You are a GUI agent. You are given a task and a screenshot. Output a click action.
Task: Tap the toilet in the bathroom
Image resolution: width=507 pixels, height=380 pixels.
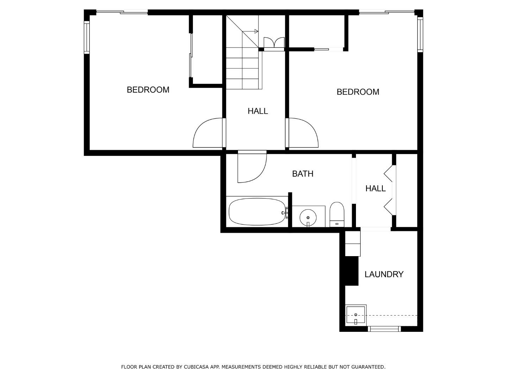[337, 214]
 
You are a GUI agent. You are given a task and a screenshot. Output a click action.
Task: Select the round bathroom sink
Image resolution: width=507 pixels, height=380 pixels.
[308, 217]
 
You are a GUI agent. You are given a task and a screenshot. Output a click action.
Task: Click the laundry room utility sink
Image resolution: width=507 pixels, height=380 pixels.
[356, 315]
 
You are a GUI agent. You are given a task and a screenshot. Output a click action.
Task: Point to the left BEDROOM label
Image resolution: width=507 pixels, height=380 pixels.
[148, 90]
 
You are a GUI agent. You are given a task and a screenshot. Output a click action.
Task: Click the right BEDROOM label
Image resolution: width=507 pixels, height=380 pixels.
[358, 92]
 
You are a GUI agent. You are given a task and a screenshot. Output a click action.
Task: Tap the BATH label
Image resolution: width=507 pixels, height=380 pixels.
[302, 173]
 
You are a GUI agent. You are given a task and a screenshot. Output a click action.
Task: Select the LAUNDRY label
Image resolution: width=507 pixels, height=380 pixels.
[384, 274]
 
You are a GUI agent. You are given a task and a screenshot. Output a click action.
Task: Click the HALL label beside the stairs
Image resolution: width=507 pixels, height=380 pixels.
[258, 111]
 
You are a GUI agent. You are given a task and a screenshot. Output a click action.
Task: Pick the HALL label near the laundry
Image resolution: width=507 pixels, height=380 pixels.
[375, 189]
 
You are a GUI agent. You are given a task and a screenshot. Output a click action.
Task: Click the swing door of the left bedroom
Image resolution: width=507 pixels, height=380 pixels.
[208, 134]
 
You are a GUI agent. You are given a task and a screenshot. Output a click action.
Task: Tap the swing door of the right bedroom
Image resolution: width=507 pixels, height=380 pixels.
[303, 134]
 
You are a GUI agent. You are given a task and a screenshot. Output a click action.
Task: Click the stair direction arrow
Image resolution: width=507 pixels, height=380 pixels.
[256, 31]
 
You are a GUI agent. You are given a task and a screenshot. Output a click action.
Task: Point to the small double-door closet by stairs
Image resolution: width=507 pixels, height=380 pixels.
[274, 43]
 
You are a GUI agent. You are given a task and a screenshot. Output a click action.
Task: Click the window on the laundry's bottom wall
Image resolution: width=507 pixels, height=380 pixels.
[384, 329]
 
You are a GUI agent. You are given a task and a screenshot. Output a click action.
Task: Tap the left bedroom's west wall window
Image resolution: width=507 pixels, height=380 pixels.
[87, 37]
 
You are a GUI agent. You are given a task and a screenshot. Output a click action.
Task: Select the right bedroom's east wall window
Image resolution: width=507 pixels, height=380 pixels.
[420, 34]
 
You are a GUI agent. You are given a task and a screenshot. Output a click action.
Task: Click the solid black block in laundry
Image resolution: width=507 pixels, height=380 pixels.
[351, 271]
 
